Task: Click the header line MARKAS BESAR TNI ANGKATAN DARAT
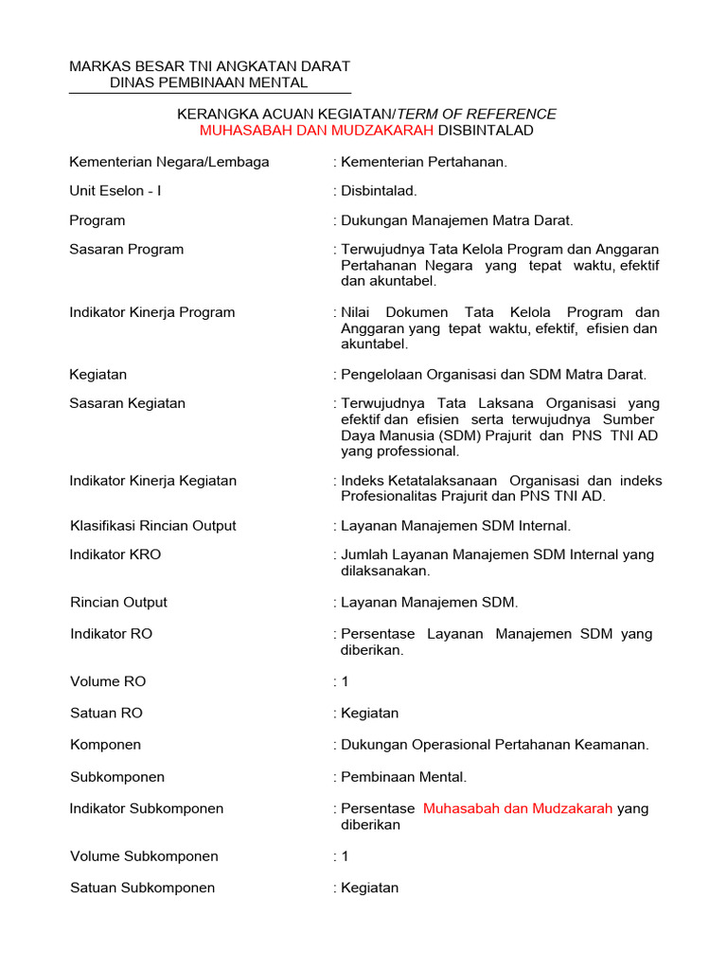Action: (209, 66)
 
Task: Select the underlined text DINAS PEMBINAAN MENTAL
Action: (209, 83)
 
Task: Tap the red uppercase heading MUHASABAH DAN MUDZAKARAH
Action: (316, 131)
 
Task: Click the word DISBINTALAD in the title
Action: (486, 131)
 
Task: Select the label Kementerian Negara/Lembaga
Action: (169, 162)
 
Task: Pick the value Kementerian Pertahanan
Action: (424, 162)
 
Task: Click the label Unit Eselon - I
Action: (115, 191)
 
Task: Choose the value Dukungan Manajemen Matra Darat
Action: (457, 220)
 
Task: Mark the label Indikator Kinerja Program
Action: (152, 312)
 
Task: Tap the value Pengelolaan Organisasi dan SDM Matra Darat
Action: (493, 375)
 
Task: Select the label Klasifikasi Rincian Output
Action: (153, 526)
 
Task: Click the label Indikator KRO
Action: (115, 555)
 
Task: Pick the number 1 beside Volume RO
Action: (346, 681)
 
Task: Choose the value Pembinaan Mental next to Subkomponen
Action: (404, 777)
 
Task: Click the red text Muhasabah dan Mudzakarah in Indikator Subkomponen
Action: (518, 809)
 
